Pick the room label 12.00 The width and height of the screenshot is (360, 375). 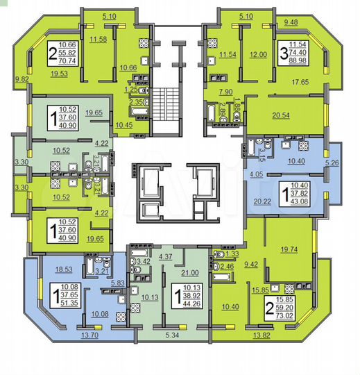(259, 54)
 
